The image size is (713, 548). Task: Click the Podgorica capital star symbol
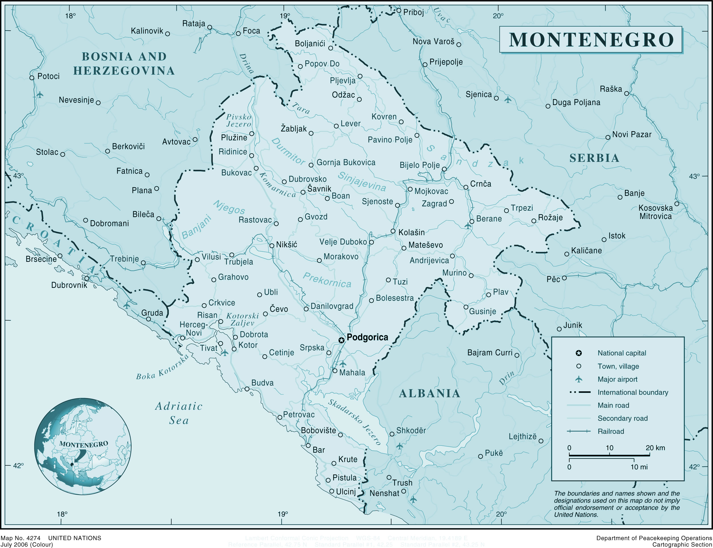pyautogui.click(x=341, y=340)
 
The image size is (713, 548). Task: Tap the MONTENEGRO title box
pyautogui.click(x=591, y=39)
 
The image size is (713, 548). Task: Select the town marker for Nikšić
pyautogui.click(x=272, y=246)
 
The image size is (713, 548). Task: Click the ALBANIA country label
pyautogui.click(x=430, y=393)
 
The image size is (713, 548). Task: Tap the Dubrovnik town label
pyautogui.click(x=69, y=285)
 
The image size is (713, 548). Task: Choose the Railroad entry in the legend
pyautogui.click(x=610, y=431)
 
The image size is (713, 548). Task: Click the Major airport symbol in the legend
pyautogui.click(x=579, y=379)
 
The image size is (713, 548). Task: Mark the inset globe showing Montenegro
pyautogui.click(x=83, y=446)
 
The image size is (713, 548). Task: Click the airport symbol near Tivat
pyautogui.click(x=225, y=353)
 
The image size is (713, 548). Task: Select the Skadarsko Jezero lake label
pyautogui.click(x=355, y=422)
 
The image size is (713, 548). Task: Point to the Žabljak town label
pyautogui.click(x=294, y=129)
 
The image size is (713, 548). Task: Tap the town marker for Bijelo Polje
pyautogui.click(x=444, y=169)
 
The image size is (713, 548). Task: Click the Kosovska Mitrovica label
pyautogui.click(x=655, y=212)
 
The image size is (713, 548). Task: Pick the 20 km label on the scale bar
pyautogui.click(x=655, y=448)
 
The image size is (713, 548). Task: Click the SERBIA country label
pyautogui.click(x=594, y=158)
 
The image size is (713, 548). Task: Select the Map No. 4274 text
pyautogui.click(x=20, y=538)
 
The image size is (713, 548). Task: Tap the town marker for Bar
pyautogui.click(x=308, y=445)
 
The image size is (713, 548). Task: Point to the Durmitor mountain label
pyautogui.click(x=288, y=151)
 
